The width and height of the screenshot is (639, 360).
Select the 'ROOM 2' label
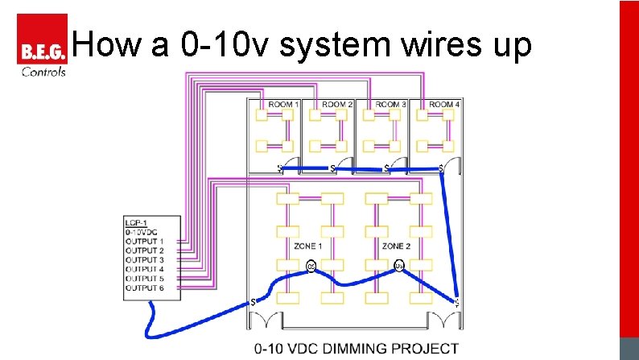(x=337, y=105)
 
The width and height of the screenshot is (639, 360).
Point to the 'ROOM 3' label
(x=390, y=105)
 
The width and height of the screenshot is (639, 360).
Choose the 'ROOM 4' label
(x=444, y=105)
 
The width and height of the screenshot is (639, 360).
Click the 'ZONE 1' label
(x=307, y=246)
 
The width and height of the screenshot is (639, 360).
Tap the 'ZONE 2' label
(x=398, y=246)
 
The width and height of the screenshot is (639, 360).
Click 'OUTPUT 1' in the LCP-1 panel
(x=145, y=241)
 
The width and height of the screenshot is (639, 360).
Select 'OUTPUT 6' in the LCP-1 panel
(x=145, y=288)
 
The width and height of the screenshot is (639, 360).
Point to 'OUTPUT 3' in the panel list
(x=145, y=259)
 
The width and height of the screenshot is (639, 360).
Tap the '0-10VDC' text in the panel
(x=140, y=232)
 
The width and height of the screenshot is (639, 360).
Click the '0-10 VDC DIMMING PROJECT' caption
(x=357, y=350)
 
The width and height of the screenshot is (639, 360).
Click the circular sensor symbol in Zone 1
(x=311, y=267)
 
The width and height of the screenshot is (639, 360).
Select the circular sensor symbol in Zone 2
(x=398, y=266)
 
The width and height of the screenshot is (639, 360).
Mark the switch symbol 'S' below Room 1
(x=280, y=168)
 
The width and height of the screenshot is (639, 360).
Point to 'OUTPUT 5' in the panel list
(x=145, y=278)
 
